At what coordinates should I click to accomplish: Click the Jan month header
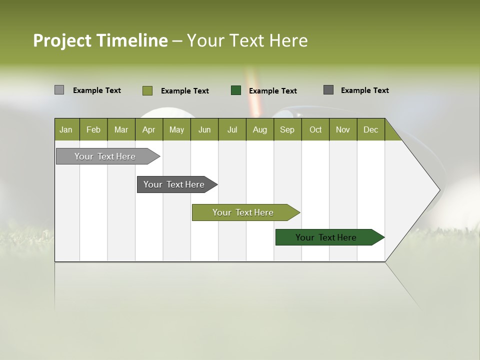[66, 129]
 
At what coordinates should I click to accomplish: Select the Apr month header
[149, 129]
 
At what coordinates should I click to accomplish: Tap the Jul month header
[232, 129]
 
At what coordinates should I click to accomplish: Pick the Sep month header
[287, 129]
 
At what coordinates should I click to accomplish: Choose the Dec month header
[370, 129]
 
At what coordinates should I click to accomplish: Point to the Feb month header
[93, 129]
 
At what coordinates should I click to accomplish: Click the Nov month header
[343, 129]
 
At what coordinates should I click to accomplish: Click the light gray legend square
[59, 90]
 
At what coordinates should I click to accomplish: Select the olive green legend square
[147, 90]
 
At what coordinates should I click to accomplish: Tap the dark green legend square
[236, 90]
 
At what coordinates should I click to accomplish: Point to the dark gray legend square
[328, 90]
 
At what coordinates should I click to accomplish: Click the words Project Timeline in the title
[100, 40]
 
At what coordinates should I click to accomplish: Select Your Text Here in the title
[247, 40]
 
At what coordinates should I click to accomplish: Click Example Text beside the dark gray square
[364, 90]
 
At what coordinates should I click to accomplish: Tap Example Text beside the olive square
[184, 91]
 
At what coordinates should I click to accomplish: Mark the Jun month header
[204, 129]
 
